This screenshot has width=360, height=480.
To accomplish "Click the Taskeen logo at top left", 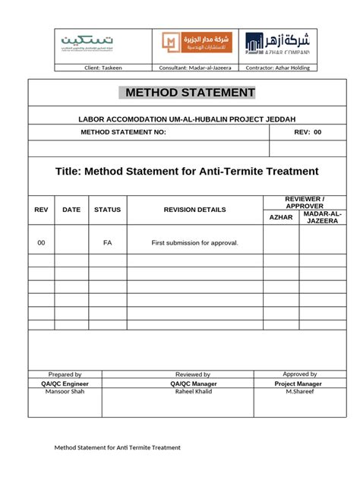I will (x=80, y=43).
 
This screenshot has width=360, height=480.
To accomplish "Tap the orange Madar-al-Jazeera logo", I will (x=186, y=43).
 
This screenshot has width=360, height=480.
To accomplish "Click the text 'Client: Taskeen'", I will (x=102, y=68).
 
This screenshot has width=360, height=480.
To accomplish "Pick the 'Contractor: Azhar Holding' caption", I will (x=279, y=68).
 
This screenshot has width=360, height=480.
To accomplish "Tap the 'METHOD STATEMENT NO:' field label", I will (x=123, y=131).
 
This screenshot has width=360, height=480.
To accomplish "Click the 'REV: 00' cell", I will (x=308, y=131).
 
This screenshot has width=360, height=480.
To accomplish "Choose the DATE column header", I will (x=71, y=209).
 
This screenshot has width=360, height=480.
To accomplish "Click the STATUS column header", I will (x=107, y=209).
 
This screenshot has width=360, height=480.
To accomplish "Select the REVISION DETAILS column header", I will (x=194, y=209).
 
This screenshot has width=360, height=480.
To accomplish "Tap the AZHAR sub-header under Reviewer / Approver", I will (x=280, y=217).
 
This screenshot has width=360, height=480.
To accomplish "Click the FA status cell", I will (x=107, y=242).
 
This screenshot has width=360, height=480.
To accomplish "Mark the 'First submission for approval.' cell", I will (x=194, y=242).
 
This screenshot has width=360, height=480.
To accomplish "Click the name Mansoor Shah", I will (x=65, y=393).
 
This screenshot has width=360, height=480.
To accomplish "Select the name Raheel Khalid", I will (x=193, y=393).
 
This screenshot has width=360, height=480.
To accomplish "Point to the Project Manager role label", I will (x=298, y=384).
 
